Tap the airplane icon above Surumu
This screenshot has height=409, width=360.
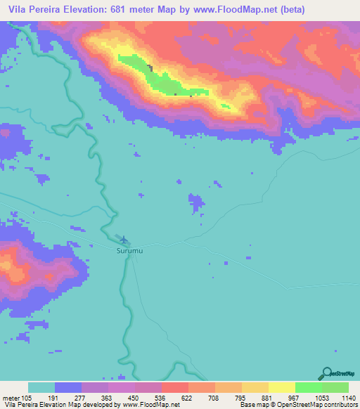(x=124, y=240)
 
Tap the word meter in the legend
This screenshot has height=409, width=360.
(x=11, y=398)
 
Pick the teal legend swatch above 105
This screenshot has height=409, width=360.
(x=41, y=387)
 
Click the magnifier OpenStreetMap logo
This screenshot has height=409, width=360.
(x=325, y=373)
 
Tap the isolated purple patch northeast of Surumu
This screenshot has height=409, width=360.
(x=197, y=202)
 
